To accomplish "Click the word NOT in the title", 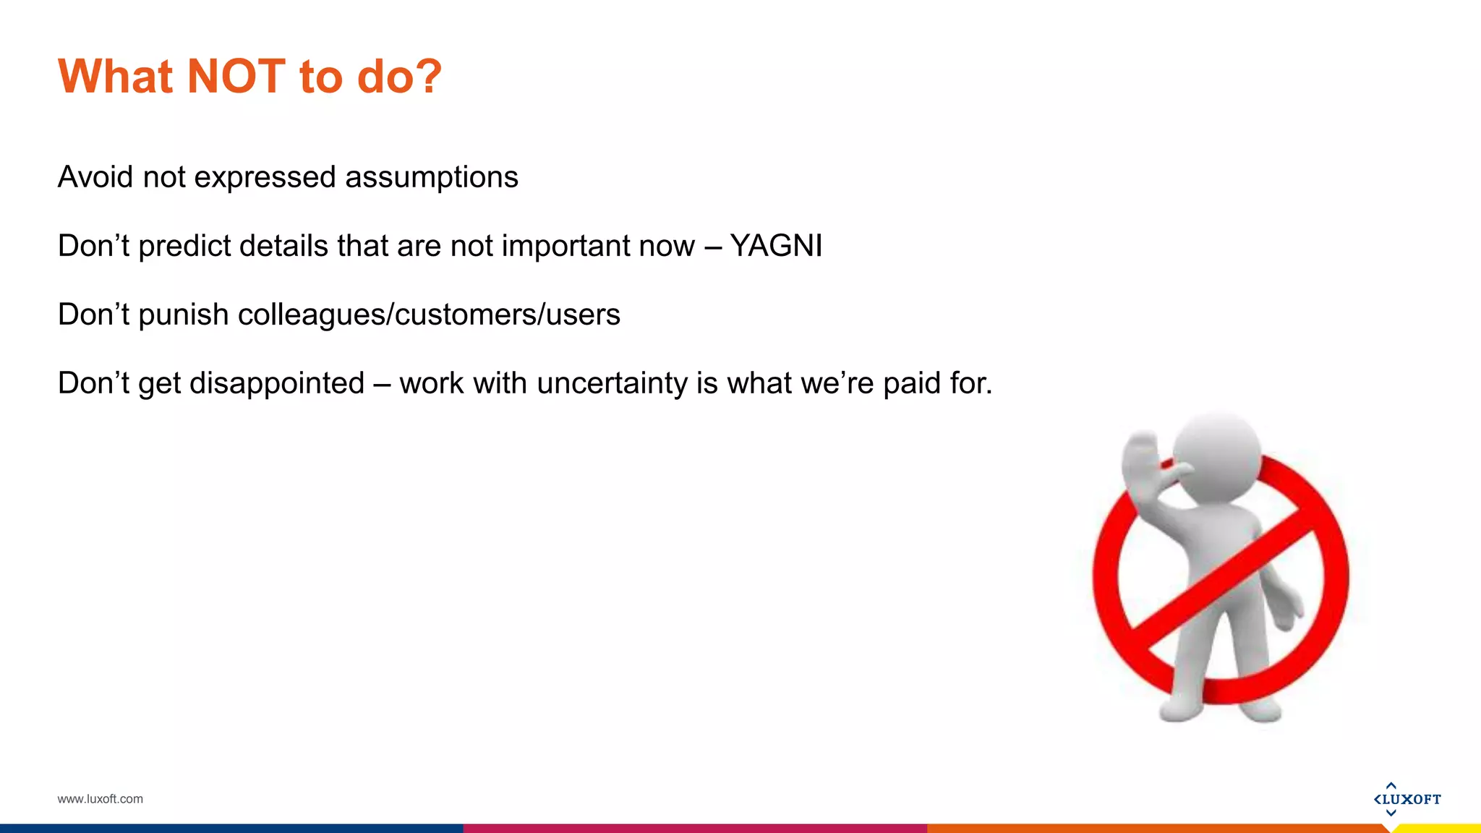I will [236, 76].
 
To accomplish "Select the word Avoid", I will [95, 177].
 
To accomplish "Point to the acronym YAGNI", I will [776, 246].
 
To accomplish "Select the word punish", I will [184, 315].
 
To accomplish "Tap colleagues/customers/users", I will [428, 315].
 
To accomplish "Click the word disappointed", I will [277, 384].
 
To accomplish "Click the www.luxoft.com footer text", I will [100, 799].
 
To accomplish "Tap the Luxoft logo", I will [1407, 799].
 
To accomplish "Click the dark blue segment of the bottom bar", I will [231, 828].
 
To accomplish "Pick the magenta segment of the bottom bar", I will [694, 828].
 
